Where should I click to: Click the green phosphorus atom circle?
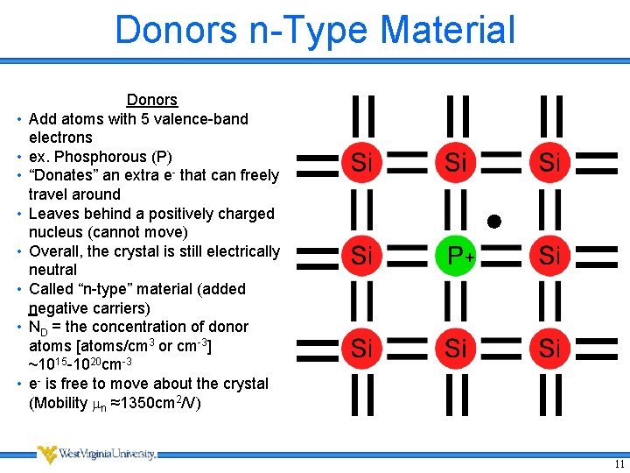(x=456, y=256)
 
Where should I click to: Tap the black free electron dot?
(x=493, y=221)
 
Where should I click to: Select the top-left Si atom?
(x=362, y=162)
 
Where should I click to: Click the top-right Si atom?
(x=549, y=162)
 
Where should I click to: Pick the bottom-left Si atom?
(x=362, y=349)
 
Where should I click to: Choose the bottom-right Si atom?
(x=549, y=349)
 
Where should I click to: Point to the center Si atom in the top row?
(x=456, y=162)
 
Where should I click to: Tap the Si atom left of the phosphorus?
(x=362, y=256)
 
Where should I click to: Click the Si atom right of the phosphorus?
(x=549, y=256)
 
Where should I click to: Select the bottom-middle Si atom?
(x=456, y=349)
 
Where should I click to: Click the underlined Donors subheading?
(x=152, y=101)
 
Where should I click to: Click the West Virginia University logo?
(x=96, y=454)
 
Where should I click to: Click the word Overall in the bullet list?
(x=57, y=251)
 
